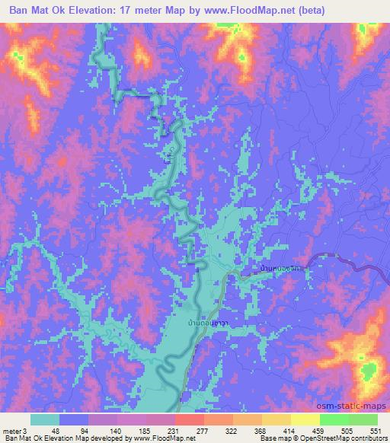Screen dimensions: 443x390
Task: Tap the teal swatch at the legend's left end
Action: (45, 419)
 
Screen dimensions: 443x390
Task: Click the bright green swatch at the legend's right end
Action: (363, 419)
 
